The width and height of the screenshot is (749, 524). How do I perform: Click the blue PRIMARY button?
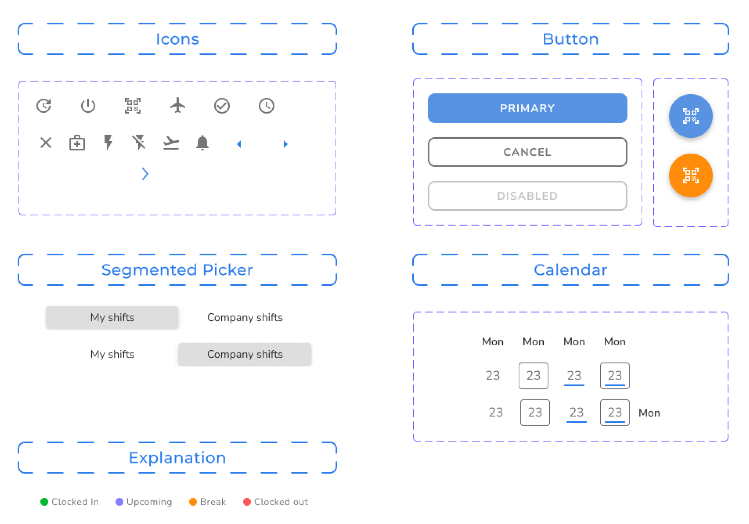click(527, 108)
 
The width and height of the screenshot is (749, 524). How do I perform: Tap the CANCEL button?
click(527, 152)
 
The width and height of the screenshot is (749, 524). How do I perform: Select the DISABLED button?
click(527, 196)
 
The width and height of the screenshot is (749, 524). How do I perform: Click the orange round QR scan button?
click(690, 175)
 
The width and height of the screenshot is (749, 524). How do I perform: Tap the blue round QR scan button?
click(690, 116)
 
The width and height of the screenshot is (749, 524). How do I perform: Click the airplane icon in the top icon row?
click(178, 106)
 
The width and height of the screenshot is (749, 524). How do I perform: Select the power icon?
click(88, 106)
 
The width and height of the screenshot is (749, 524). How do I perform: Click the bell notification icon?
click(202, 142)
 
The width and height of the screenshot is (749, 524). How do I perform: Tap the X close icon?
click(46, 143)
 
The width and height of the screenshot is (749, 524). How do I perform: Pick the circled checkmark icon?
click(222, 106)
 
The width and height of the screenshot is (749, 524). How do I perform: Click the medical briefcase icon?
click(77, 143)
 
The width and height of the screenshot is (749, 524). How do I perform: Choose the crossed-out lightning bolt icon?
click(139, 142)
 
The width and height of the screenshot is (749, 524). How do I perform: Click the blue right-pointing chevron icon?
click(145, 174)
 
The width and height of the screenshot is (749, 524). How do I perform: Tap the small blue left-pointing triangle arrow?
click(239, 144)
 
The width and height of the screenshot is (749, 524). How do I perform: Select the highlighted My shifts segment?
click(112, 318)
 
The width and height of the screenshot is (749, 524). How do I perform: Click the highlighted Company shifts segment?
click(245, 354)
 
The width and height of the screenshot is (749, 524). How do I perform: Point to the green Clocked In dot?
click(44, 502)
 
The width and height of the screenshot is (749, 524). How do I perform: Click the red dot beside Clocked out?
click(247, 502)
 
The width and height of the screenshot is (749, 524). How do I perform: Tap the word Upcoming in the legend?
click(149, 502)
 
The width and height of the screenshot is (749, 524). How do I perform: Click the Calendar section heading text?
click(570, 270)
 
